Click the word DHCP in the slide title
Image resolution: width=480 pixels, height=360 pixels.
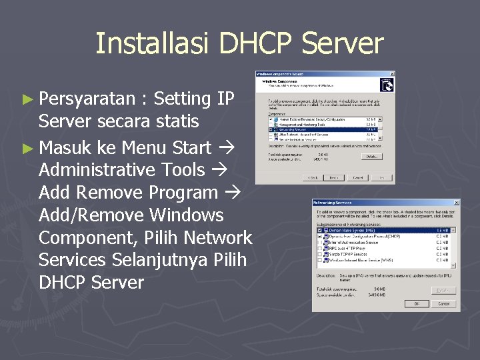click(x=257, y=43)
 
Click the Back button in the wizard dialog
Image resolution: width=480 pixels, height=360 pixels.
click(x=311, y=177)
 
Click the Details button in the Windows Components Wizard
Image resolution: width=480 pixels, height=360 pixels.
click(x=371, y=156)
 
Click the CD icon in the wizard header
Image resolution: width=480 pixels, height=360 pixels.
click(x=385, y=85)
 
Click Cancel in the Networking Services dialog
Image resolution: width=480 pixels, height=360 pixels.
click(x=443, y=303)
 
